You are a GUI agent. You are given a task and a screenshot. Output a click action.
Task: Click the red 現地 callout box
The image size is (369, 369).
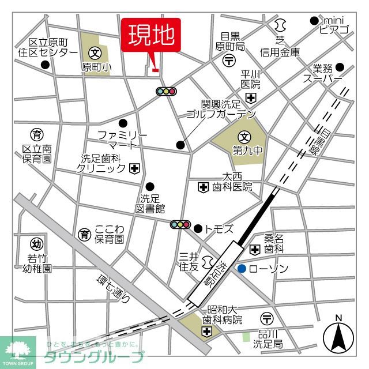click(x=150, y=36)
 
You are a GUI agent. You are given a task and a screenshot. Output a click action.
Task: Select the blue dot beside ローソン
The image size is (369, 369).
click(x=242, y=269)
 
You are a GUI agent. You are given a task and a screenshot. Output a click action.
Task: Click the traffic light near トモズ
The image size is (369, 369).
click(x=180, y=224)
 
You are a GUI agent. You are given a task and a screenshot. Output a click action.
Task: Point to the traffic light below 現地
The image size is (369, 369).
click(x=166, y=91)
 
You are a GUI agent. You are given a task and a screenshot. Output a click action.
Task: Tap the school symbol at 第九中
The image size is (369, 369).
click(x=244, y=137)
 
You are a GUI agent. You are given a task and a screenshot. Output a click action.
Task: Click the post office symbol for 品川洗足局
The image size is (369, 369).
click(x=266, y=318)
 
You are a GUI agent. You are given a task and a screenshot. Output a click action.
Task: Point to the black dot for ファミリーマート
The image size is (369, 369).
click(x=123, y=123)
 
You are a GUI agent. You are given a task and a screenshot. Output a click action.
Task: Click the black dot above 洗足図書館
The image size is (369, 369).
click(x=150, y=186)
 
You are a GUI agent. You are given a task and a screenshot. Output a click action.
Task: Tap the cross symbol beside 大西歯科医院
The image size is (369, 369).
click(x=203, y=187)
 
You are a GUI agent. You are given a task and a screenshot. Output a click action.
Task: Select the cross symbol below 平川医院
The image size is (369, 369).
click(x=251, y=97)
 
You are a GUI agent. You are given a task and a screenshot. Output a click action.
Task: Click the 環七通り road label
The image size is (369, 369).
click(x=113, y=288)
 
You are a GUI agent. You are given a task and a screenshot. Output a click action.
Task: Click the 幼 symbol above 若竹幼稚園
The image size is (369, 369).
click(x=36, y=243)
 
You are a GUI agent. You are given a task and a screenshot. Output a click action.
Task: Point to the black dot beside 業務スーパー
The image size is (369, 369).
click(x=340, y=66)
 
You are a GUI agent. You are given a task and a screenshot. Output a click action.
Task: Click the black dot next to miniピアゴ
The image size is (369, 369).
click(x=314, y=21)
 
